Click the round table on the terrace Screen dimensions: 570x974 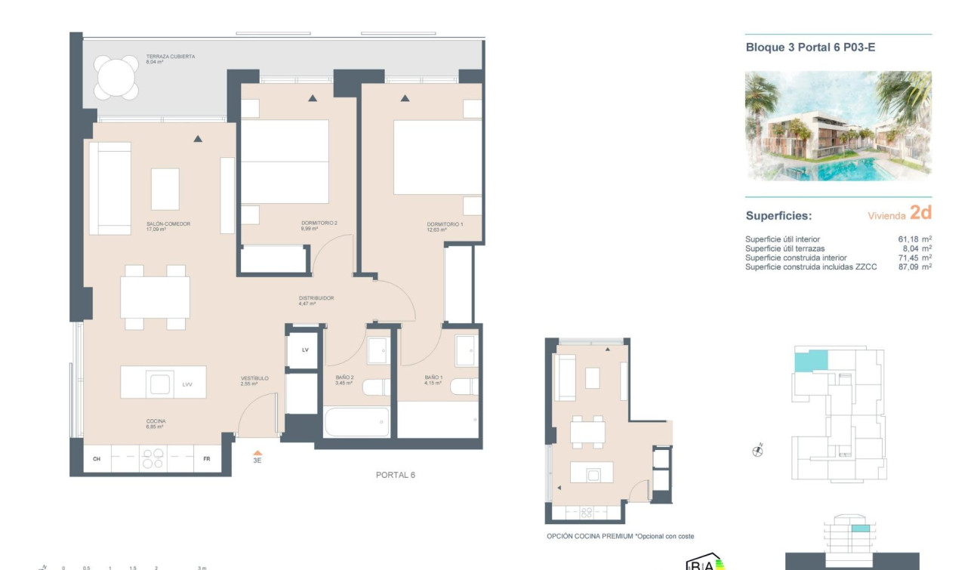click(117, 78)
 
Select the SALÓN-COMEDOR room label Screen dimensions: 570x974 click(168, 224)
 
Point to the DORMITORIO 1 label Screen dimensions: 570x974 click(444, 224)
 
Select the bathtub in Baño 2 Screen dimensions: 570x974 click(357, 422)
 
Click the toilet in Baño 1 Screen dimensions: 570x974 click(462, 387)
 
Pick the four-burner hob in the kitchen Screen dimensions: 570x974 click(153, 459)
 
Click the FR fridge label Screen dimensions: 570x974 click(206, 459)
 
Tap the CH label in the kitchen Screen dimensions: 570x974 click(97, 459)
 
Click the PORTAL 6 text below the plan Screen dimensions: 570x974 click(396, 475)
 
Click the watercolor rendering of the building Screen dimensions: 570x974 click(838, 126)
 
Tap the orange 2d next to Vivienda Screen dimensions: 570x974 click(920, 213)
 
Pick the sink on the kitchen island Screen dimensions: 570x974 click(161, 384)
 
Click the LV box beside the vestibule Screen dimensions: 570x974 click(305, 350)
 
